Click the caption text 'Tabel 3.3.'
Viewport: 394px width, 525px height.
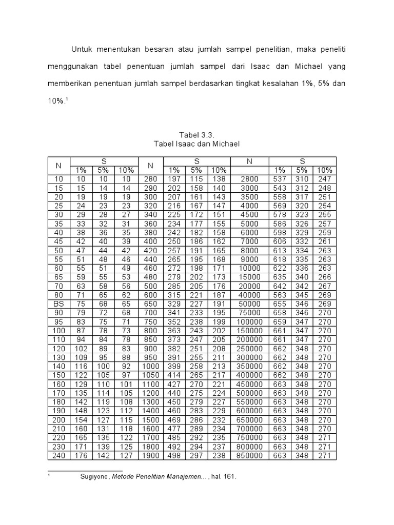pyautogui.click(x=197, y=135)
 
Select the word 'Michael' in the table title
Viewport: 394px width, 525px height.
pyautogui.click(x=225, y=144)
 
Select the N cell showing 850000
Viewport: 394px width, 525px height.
pyautogui.click(x=249, y=455)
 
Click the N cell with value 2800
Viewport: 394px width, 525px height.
pyautogui.click(x=249, y=179)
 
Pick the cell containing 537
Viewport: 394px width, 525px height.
pyautogui.click(x=280, y=179)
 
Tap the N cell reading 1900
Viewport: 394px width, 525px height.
pyautogui.click(x=151, y=455)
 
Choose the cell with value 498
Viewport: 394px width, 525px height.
pyautogui.click(x=174, y=455)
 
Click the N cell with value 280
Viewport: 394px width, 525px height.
pyautogui.click(x=151, y=179)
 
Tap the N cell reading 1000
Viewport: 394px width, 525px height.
pyautogui.click(x=151, y=366)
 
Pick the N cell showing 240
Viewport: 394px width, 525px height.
pyautogui.click(x=58, y=455)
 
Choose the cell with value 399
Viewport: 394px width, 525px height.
pyautogui.click(x=174, y=366)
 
